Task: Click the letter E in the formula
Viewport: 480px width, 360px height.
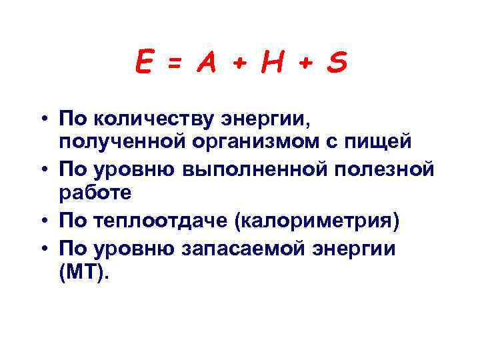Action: pyautogui.click(x=143, y=64)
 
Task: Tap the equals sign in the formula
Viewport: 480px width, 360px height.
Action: pyautogui.click(x=173, y=65)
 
